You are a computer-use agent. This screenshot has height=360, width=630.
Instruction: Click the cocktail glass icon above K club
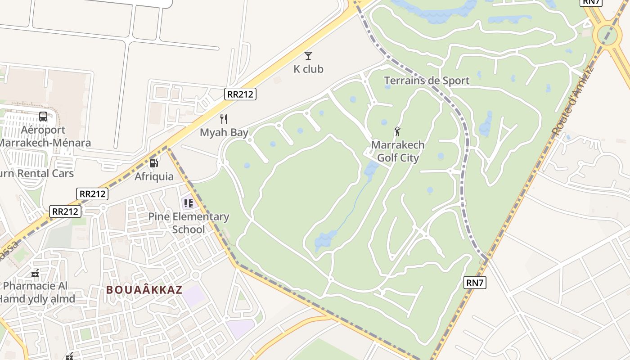pos(308,56)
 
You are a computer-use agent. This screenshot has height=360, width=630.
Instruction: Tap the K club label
pos(308,69)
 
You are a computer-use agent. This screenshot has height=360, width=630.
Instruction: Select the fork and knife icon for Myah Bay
pos(224,119)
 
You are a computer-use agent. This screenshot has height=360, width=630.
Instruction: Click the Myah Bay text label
pos(224,133)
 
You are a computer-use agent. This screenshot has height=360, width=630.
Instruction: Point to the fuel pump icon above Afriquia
pos(154,163)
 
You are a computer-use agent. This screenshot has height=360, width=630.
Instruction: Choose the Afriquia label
pos(154,176)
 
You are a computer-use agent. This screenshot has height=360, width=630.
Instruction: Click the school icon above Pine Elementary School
pos(189,203)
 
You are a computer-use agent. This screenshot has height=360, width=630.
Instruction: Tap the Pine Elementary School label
pos(189,223)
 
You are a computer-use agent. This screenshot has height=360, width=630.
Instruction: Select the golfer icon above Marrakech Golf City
pos(397,132)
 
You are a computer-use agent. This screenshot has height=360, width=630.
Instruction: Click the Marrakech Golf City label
pos(398,152)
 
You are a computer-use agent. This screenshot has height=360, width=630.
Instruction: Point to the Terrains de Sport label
pos(427,81)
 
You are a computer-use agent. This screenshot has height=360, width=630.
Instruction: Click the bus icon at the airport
pos(43,117)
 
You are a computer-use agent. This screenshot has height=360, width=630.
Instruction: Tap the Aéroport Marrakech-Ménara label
pos(44,136)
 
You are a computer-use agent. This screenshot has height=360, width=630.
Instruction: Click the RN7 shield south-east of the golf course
pos(475,283)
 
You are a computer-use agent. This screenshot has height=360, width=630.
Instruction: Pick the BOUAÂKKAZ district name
pos(144,290)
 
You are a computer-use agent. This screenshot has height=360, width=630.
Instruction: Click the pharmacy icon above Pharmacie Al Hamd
pos(36,273)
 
